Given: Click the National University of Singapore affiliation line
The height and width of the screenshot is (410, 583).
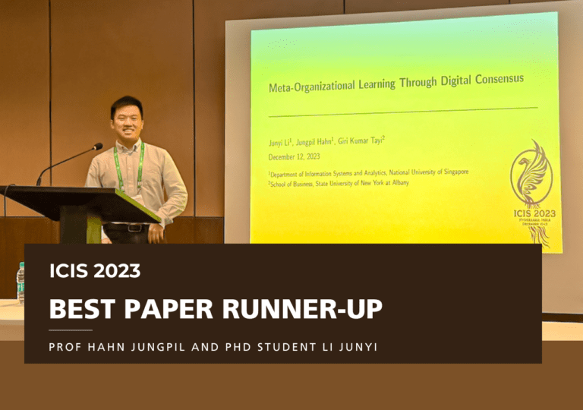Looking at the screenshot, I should (368, 173).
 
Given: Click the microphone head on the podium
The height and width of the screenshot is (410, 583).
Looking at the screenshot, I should (98, 146).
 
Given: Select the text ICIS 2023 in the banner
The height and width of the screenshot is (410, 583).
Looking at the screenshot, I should (95, 270).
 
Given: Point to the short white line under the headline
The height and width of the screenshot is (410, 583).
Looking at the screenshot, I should (71, 330).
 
